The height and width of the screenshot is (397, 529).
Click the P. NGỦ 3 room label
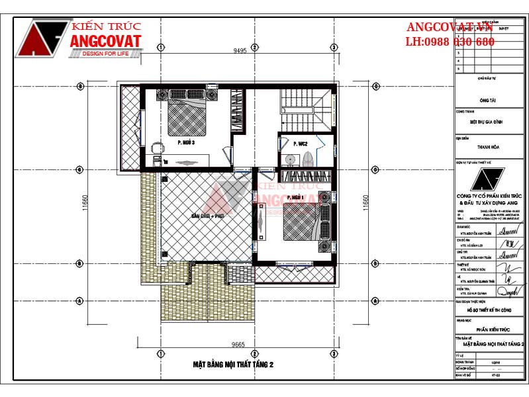tap(185, 142)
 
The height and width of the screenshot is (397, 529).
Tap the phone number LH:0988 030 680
tap(450, 42)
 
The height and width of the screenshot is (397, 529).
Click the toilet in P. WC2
tap(307, 159)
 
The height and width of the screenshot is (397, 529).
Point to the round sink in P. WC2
tap(289, 159)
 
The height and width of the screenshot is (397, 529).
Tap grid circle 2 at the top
tap(254, 48)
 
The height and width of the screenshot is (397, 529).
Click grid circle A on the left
tap(79, 301)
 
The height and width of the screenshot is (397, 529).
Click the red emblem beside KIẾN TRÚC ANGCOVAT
tap(43, 38)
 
